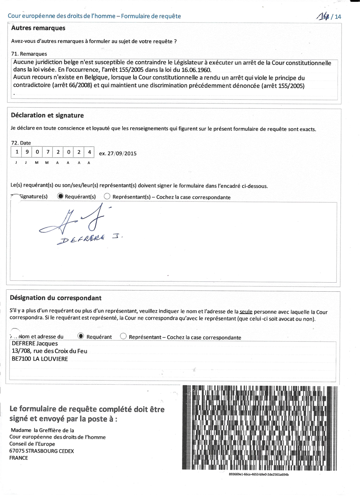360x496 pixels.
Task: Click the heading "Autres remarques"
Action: click(x=38, y=28)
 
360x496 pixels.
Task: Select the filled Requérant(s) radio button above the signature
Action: click(x=60, y=196)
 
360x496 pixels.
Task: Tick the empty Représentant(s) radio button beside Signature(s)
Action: click(x=107, y=196)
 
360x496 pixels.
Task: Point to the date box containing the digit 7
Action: click(x=48, y=152)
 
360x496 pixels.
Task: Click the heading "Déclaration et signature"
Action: click(x=47, y=115)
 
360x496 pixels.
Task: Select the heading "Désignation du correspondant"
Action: click(x=56, y=298)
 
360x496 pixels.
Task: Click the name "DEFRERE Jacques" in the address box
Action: click(x=35, y=343)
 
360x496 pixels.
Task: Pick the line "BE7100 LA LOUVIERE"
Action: click(x=40, y=359)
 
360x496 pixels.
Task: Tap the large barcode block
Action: click(x=260, y=428)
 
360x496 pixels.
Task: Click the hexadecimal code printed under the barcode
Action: click(x=259, y=474)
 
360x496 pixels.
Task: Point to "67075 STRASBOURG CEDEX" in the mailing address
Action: click(x=41, y=451)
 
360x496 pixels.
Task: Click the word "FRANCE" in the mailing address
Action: click(x=18, y=458)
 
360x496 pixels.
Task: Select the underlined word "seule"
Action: click(x=246, y=312)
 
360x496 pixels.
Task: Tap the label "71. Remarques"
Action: click(x=29, y=54)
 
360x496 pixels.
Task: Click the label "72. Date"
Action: click(x=21, y=143)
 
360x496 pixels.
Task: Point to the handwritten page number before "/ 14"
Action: click(x=323, y=16)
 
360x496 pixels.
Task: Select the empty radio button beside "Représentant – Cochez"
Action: click(x=123, y=336)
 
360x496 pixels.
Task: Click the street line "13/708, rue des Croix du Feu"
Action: click(x=49, y=351)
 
